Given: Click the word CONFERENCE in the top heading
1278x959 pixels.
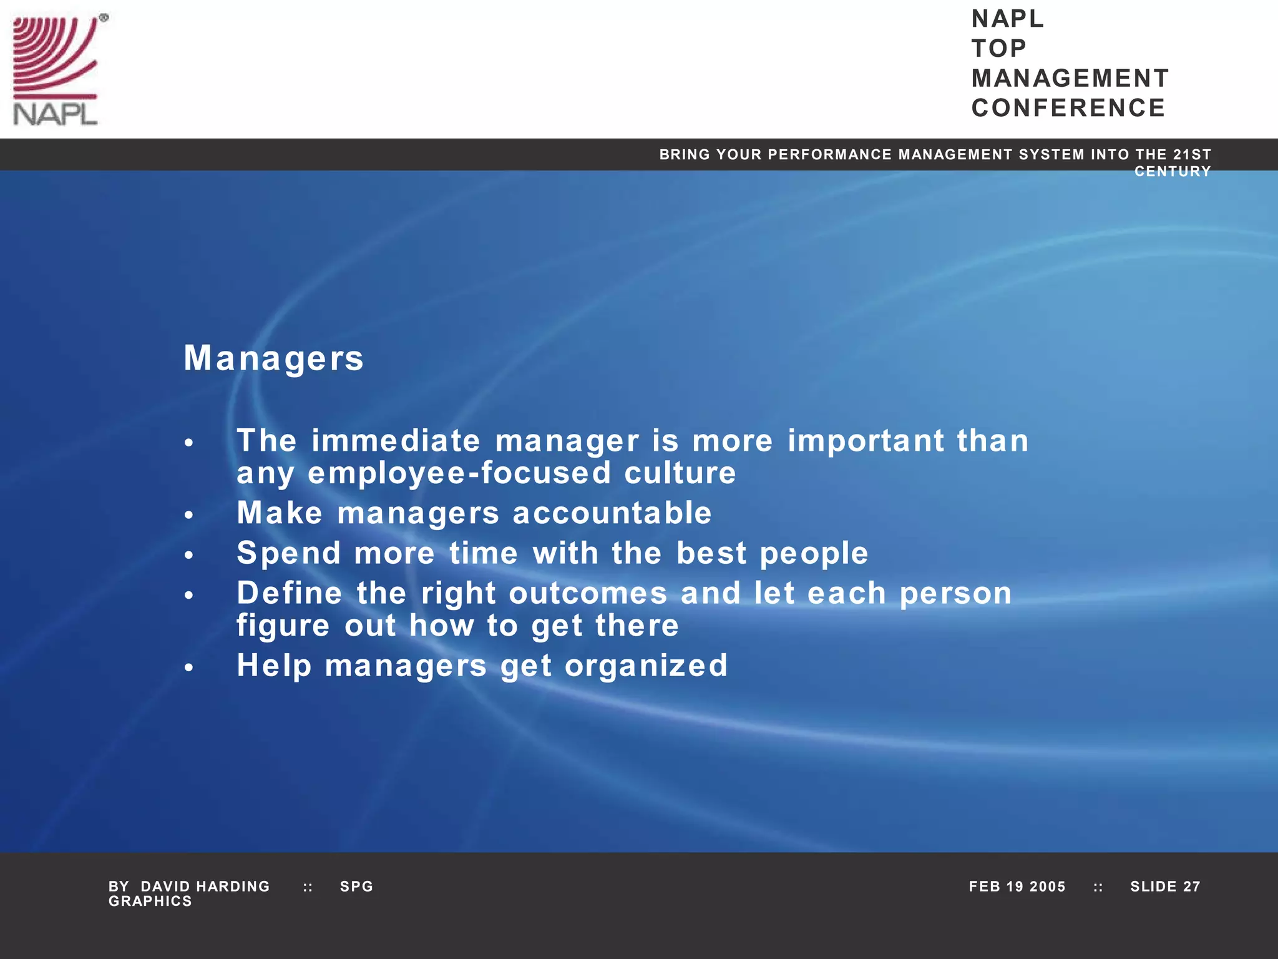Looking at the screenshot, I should pos(1068,108).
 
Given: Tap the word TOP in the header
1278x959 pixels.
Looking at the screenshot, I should pos(998,49).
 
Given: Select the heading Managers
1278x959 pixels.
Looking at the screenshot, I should pos(273,358).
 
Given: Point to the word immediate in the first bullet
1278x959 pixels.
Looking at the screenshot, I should pos(396,441).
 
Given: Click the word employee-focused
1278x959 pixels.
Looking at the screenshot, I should pos(459,473).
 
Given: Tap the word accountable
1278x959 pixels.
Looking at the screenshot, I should pos(612,513).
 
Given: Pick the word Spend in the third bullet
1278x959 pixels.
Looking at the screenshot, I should pos(288,553).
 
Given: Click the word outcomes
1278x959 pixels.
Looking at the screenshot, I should pos(588,593).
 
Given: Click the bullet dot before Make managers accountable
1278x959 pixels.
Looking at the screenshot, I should pos(189,515).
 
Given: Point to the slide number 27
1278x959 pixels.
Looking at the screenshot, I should pos(1192,887).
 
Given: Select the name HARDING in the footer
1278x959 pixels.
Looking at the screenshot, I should pos(233,887).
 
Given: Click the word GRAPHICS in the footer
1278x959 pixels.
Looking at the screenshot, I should pos(150,902).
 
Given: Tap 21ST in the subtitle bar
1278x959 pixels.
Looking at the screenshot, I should pos(1192,154).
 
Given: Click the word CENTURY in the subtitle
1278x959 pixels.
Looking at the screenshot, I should pos(1173,172).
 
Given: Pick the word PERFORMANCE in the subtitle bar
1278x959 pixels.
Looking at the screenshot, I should pos(830,154).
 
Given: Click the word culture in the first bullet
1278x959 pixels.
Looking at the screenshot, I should pos(680,473).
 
